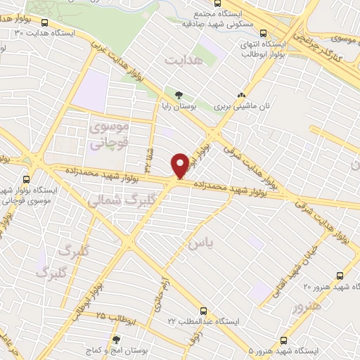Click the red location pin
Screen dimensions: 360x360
pos(180,166)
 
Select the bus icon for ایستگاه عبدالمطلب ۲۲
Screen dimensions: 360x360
pos(203,310)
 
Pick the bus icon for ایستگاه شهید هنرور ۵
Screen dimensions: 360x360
pos(283,339)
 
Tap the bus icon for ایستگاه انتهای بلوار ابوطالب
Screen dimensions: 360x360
pos(263,32)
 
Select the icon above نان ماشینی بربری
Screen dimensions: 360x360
pos(242,95)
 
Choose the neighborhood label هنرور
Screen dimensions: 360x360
pos(309,307)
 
